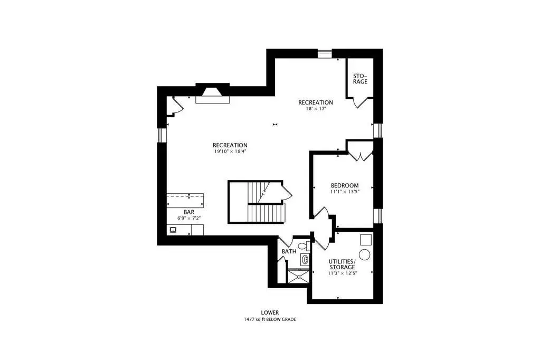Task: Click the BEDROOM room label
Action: [345, 185]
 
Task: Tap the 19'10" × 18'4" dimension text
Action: [230, 151]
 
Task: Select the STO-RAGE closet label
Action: [360, 79]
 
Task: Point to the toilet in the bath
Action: [304, 246]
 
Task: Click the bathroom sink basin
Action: [305, 259]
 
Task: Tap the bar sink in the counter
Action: [173, 230]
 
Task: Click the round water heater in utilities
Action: [364, 255]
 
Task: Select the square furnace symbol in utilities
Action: [366, 240]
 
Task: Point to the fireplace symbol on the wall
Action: [213, 93]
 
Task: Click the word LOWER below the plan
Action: [270, 313]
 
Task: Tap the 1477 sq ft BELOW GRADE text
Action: [270, 319]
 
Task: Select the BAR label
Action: [189, 212]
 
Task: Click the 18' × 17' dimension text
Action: [316, 109]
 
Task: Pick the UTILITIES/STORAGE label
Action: [342, 264]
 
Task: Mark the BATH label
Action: [289, 251]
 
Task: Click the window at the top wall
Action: [325, 53]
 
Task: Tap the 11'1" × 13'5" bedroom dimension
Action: [345, 192]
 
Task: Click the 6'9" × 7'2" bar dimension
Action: [189, 219]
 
